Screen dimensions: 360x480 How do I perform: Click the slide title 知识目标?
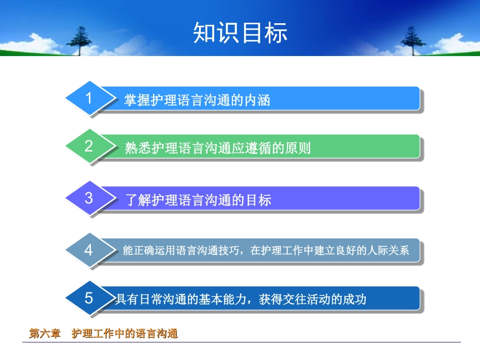coord(240,33)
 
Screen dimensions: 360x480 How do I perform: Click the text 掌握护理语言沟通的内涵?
coord(197,100)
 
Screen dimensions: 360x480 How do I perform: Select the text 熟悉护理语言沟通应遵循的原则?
coord(217,148)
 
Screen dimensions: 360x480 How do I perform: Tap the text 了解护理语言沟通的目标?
coord(198,200)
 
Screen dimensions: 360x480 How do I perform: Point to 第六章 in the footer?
coord(44,334)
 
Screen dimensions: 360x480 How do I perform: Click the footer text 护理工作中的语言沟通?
coord(125,334)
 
